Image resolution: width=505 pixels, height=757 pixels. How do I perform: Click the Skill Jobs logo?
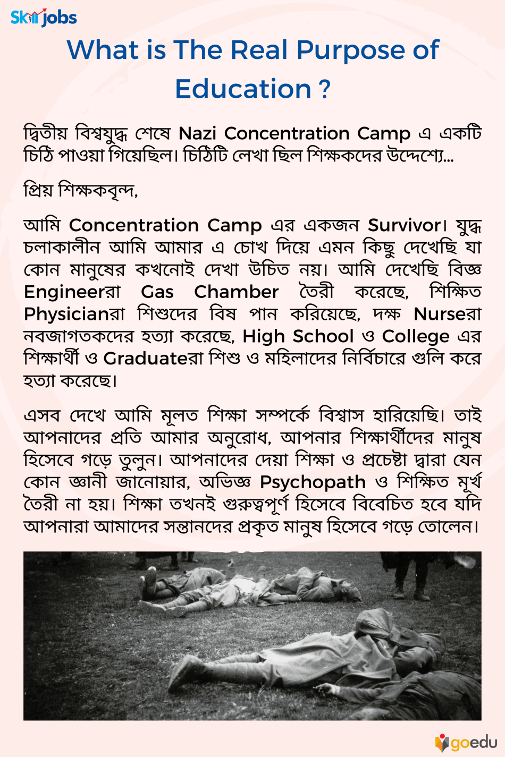[44, 18]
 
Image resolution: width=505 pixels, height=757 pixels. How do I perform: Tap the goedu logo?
[466, 742]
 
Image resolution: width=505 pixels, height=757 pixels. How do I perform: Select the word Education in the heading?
[243, 89]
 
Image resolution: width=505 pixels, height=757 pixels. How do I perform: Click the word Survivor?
[404, 225]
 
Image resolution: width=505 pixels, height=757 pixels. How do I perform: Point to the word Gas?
[157, 292]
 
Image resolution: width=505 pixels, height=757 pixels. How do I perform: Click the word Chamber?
[236, 292]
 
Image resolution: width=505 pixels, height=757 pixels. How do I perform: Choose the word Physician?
[66, 314]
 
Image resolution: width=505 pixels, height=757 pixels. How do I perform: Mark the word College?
[415, 337]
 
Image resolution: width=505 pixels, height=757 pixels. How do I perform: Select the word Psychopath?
[313, 482]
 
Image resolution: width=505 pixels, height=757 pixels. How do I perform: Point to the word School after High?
[323, 337]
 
